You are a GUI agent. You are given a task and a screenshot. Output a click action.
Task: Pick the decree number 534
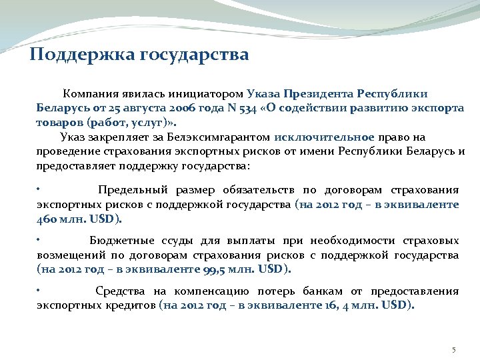pos(250,109)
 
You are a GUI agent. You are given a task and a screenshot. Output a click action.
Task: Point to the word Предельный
pos(130,191)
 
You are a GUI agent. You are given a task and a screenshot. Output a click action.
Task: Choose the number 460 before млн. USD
pos(47,219)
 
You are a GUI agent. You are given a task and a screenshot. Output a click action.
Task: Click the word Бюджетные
pos(121,241)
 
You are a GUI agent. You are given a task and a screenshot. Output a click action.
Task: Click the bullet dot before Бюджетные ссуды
pos(39,238)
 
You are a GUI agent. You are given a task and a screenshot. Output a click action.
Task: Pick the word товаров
pos(59,123)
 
